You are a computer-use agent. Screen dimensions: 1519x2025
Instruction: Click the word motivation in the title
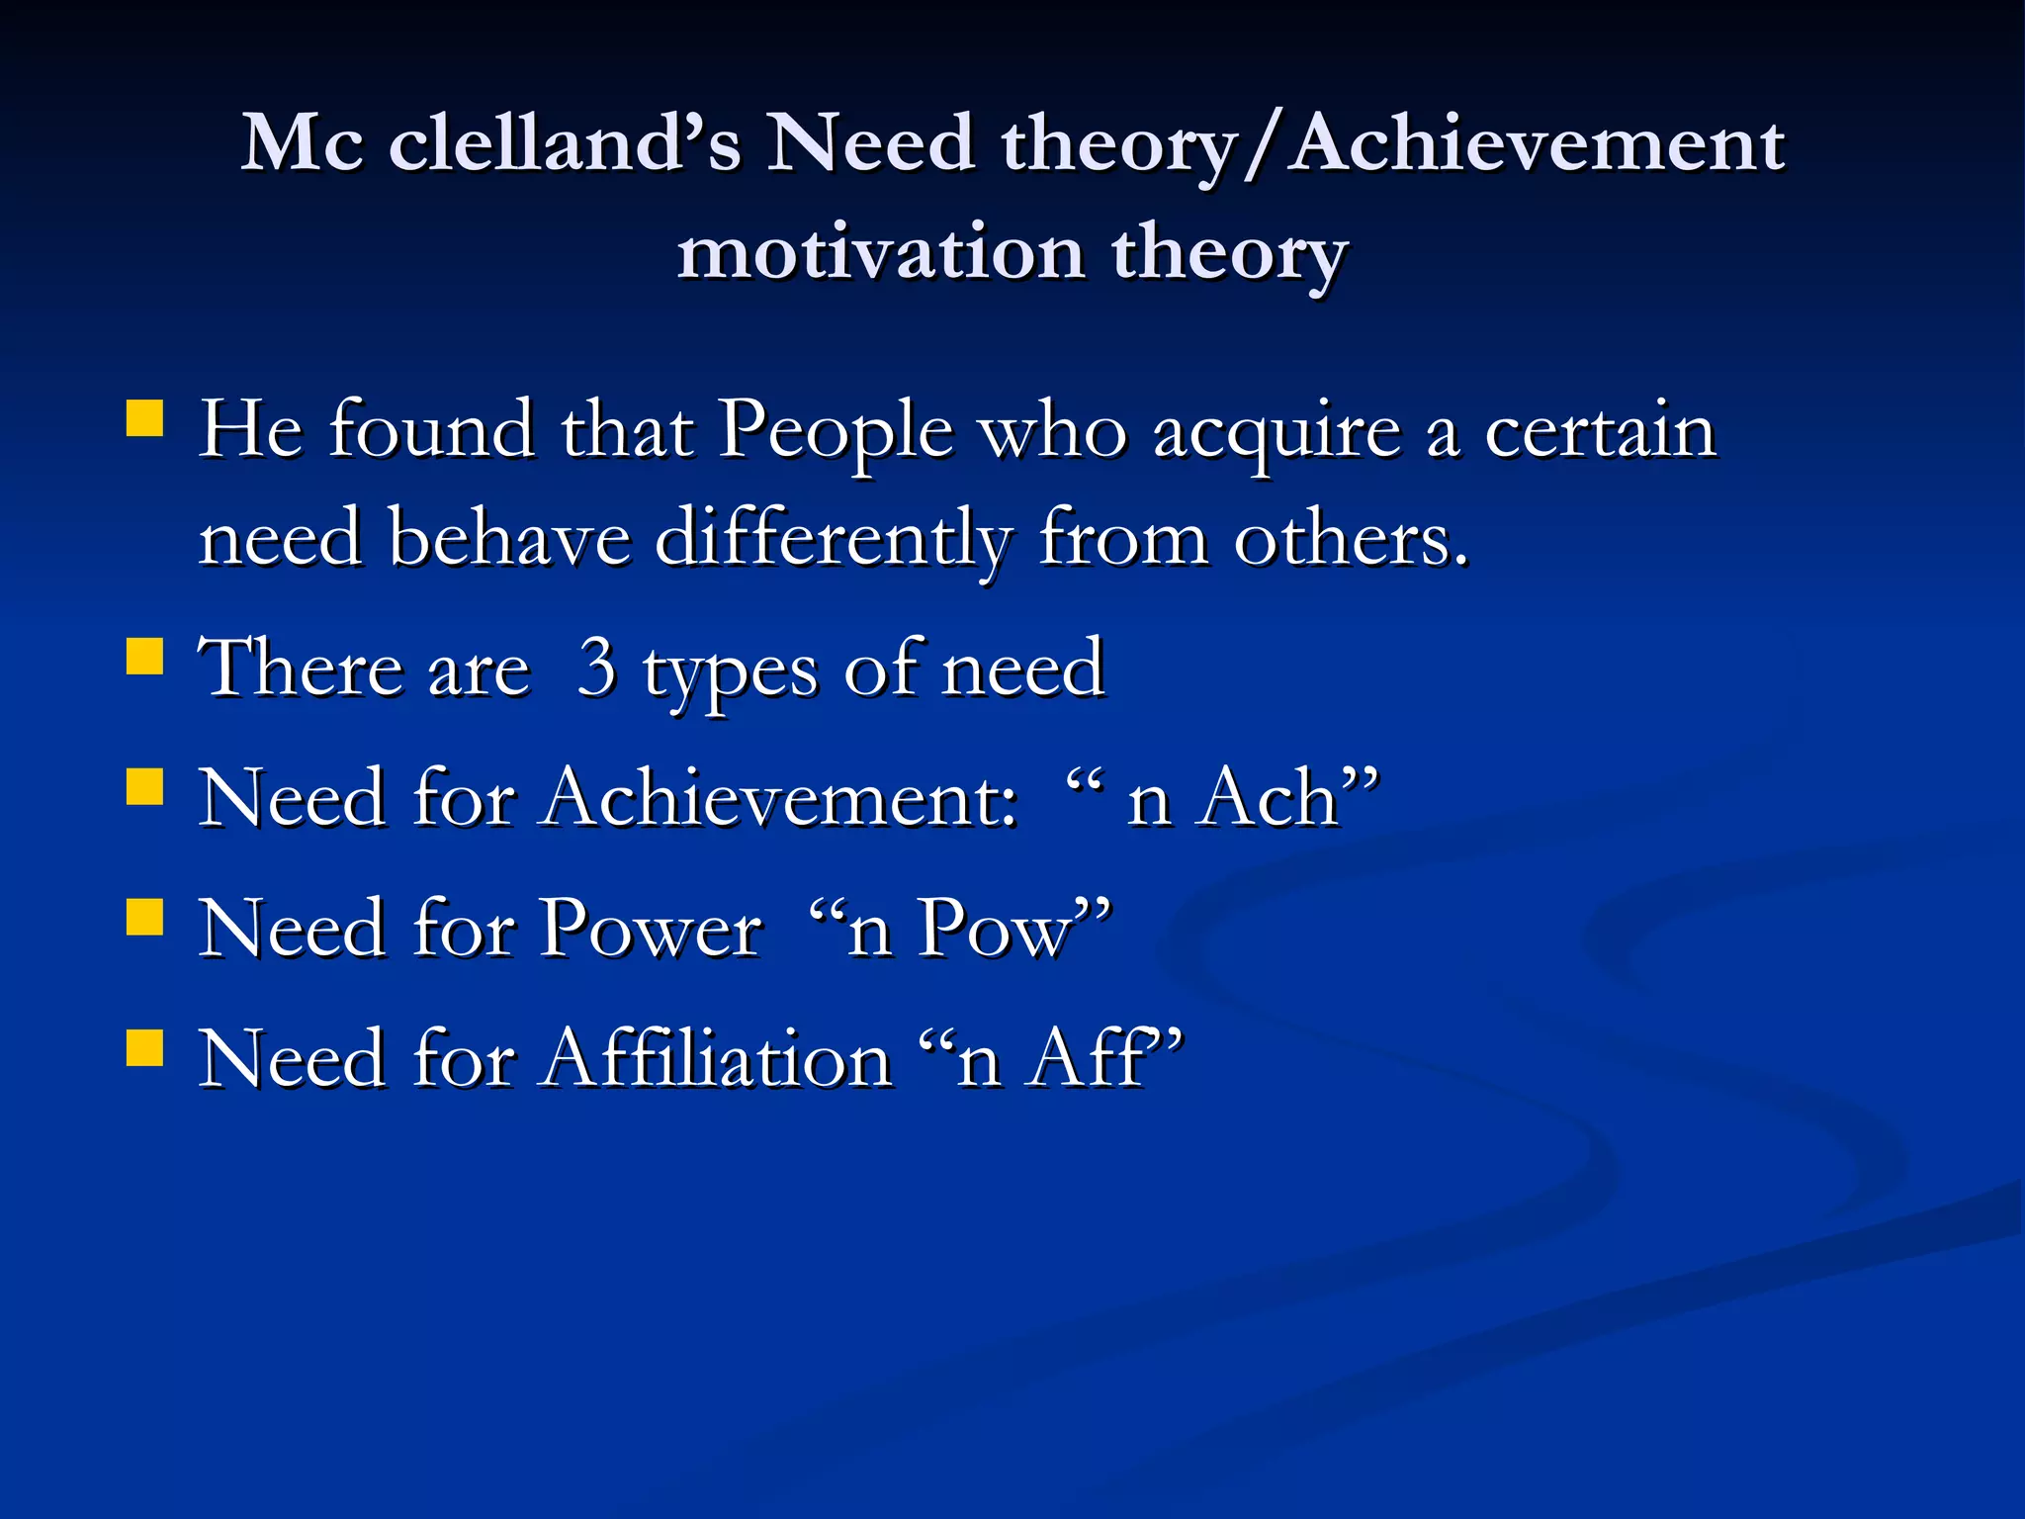tap(881, 252)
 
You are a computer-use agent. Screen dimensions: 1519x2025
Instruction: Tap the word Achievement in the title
tap(1538, 144)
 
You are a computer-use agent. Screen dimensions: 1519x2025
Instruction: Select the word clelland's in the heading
tap(565, 144)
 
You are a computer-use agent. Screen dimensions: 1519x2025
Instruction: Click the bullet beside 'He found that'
tap(145, 417)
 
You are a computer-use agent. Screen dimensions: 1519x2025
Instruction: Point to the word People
tap(836, 433)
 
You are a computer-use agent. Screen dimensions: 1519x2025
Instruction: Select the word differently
tap(834, 541)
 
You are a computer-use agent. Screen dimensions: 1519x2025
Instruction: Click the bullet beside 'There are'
tap(145, 656)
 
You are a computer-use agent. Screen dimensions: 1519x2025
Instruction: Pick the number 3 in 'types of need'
tap(597, 669)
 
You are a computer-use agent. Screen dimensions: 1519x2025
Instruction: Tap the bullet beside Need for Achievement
tap(145, 787)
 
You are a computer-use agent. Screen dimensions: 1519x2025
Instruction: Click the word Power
tap(653, 929)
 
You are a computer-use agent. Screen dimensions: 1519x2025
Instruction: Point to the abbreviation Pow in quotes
tap(995, 929)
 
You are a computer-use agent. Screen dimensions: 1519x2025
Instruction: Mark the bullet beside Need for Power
tap(145, 917)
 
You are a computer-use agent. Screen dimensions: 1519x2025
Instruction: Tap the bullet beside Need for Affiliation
tap(145, 1047)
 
